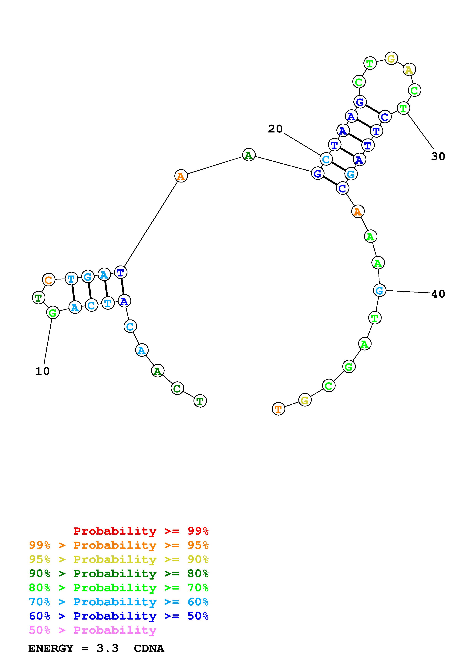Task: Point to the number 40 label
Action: click(438, 294)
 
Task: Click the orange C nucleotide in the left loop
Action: click(49, 280)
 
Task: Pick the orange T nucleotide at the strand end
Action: click(278, 409)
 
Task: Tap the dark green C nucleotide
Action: click(177, 388)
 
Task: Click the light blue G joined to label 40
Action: click(379, 290)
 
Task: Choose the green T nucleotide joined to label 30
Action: click(403, 108)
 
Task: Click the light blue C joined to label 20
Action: click(326, 159)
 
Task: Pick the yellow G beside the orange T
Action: click(305, 400)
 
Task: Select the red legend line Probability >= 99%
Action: click(141, 531)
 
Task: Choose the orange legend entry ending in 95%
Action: click(119, 545)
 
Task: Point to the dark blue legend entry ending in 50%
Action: click(119, 616)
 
